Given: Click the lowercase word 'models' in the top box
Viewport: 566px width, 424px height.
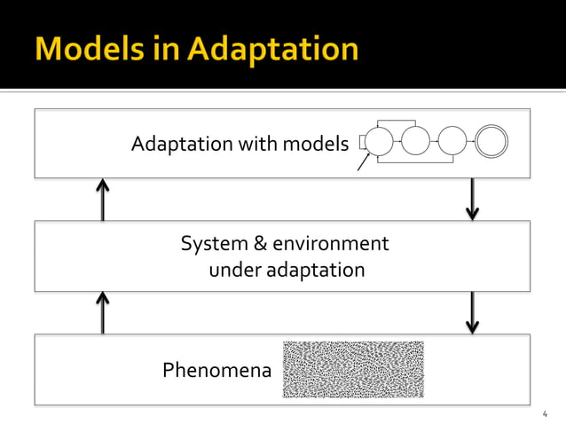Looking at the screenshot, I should pyautogui.click(x=315, y=143).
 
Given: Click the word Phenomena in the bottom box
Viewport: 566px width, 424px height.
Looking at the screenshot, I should pyautogui.click(x=216, y=370).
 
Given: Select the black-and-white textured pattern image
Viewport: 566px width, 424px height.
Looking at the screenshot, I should pyautogui.click(x=352, y=369).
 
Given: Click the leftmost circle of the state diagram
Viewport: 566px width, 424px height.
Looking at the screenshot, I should pyautogui.click(x=379, y=141).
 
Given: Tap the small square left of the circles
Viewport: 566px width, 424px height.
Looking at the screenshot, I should pyautogui.click(x=363, y=141).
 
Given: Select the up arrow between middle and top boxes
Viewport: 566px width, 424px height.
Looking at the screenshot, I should pyautogui.click(x=103, y=199).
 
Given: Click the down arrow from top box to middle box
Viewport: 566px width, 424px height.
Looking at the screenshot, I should pyautogui.click(x=472, y=199).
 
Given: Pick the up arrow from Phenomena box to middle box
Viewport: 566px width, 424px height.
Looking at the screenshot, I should pyautogui.click(x=103, y=312).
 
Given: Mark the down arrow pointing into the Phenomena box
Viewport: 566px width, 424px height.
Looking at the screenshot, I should pyautogui.click(x=472, y=312).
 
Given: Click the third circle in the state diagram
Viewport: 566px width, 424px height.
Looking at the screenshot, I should pyautogui.click(x=452, y=141).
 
